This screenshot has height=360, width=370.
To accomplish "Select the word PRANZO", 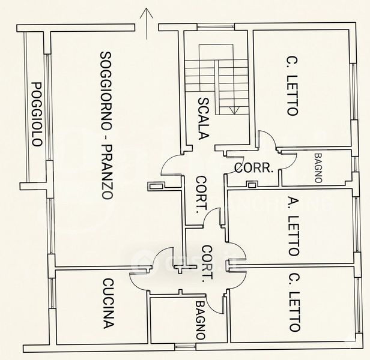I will coord(107,174).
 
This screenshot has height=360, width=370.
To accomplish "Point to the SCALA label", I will coord(202,118).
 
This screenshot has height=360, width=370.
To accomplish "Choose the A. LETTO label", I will coord(293,226).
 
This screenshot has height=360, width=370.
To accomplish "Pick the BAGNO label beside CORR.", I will coord(318,167).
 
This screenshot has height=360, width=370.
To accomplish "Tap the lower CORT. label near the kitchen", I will coord(207,263).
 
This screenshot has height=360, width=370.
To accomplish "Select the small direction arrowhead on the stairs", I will coord(235,110).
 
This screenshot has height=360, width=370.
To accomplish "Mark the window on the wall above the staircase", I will coord(216,26).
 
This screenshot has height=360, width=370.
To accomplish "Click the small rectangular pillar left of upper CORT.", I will coord(157,186).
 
